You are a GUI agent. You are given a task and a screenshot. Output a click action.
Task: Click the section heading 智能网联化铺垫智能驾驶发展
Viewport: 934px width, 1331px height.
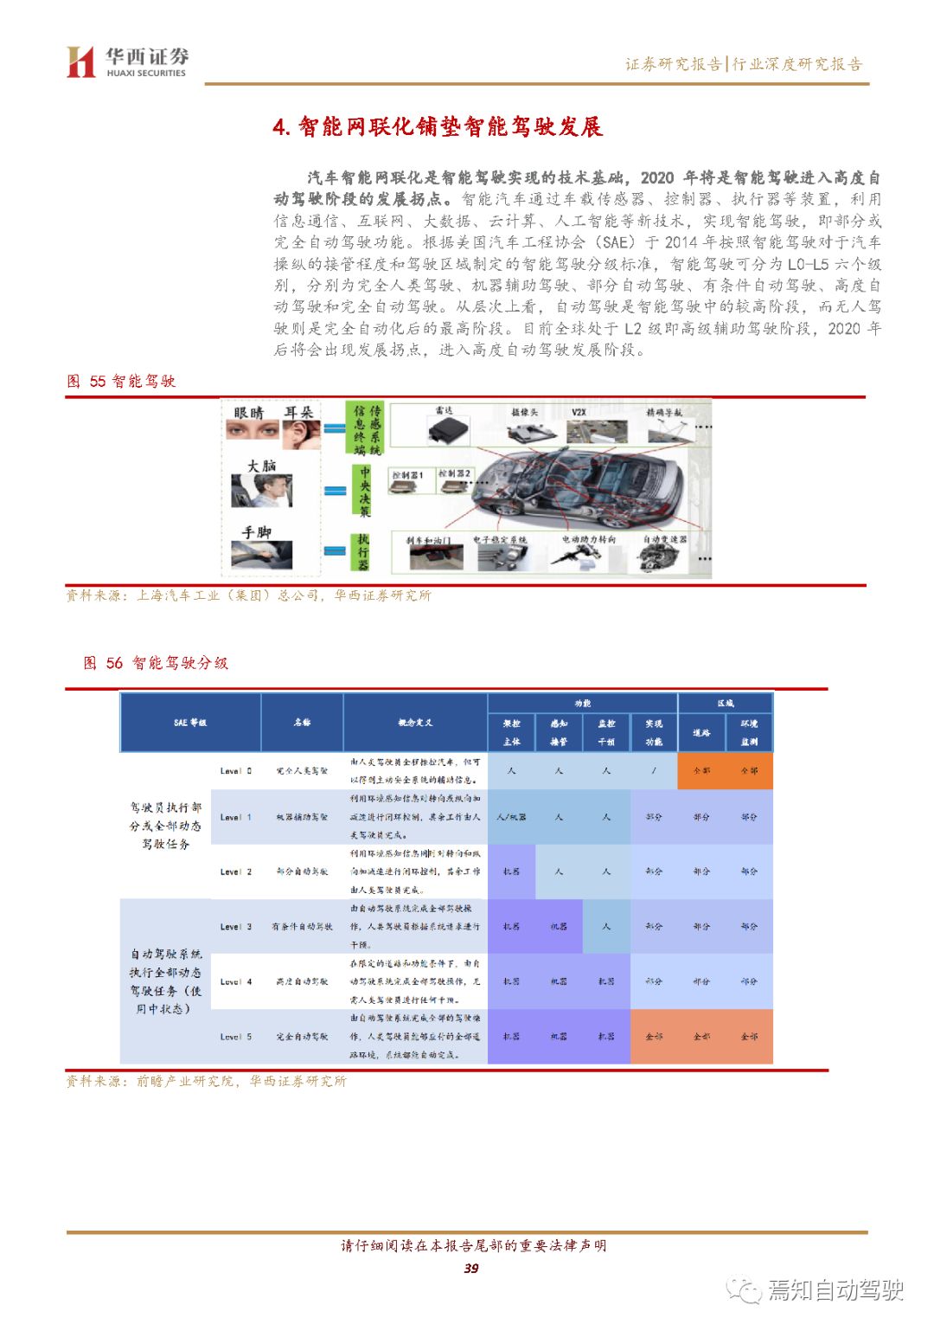point(438,127)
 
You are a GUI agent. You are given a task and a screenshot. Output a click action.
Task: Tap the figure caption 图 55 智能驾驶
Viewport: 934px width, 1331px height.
point(121,381)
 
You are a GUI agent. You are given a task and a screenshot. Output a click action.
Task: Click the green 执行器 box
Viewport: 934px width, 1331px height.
point(364,551)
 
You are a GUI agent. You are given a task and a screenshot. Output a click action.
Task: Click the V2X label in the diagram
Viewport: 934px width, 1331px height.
point(579,412)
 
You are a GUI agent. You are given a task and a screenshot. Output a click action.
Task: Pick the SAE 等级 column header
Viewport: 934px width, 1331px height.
point(190,722)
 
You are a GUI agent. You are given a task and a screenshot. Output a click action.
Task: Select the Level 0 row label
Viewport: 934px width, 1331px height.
point(235,770)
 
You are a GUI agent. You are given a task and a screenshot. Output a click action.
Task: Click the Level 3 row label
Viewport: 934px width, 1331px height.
point(235,926)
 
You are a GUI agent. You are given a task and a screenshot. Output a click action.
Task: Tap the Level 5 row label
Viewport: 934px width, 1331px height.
point(235,1036)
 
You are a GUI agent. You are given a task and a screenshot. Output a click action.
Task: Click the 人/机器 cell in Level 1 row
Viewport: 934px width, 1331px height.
point(511,816)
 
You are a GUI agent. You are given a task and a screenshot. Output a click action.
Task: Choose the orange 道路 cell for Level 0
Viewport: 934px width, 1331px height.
point(701,770)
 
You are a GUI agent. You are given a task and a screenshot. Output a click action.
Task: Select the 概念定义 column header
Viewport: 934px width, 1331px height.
point(415,722)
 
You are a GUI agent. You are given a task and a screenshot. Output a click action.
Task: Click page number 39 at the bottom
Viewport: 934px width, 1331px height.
point(470,1268)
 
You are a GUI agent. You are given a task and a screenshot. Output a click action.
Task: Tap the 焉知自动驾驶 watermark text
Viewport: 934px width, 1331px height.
point(835,1289)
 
